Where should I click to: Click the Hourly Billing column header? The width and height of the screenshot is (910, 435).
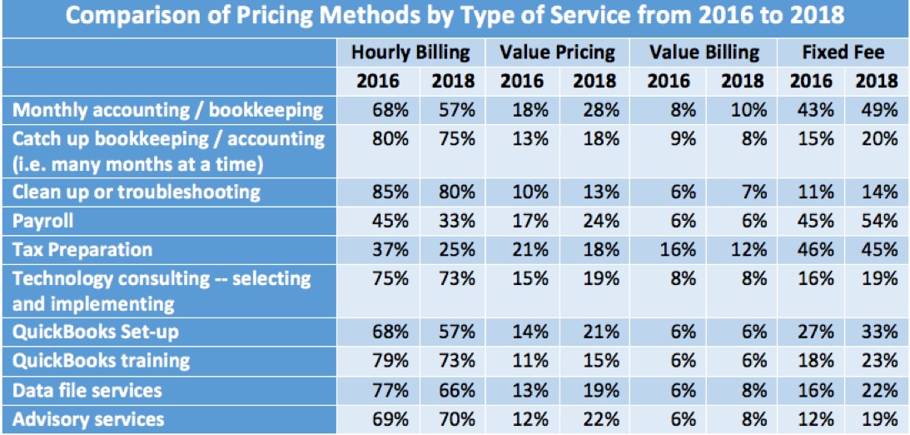pyautogui.click(x=410, y=52)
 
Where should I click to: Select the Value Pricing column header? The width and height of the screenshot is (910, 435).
pyautogui.click(x=557, y=52)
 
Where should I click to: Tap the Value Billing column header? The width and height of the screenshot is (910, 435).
pyautogui.click(x=704, y=52)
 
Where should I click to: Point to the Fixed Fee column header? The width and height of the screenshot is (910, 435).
pyautogui.click(x=843, y=52)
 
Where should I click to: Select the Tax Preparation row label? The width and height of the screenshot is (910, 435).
pyautogui.click(x=82, y=249)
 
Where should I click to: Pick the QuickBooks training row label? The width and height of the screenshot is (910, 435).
pyautogui.click(x=102, y=361)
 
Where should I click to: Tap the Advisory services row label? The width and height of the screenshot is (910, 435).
pyautogui.click(x=89, y=418)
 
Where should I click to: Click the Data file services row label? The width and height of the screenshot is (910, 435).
pyautogui.click(x=87, y=390)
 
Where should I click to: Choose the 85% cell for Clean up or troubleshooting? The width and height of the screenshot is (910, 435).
pyautogui.click(x=390, y=192)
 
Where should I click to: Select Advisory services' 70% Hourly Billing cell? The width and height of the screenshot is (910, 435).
pyautogui.click(x=456, y=418)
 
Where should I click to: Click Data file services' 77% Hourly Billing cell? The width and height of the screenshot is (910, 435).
pyautogui.click(x=390, y=390)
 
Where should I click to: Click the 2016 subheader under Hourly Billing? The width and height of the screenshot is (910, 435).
pyautogui.click(x=378, y=81)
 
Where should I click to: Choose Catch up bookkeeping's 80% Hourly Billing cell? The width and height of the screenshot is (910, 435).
pyautogui.click(x=390, y=138)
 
